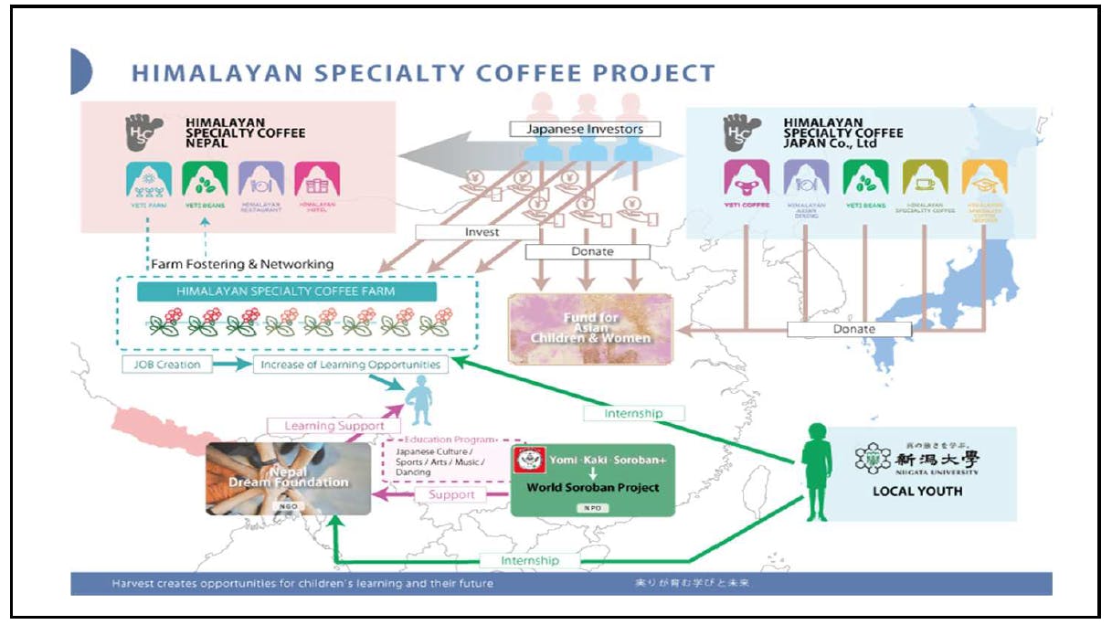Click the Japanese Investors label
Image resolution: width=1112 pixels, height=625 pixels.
point(586,129)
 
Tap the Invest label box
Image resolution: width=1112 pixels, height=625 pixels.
point(482,232)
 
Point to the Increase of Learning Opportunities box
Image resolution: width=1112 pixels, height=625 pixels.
point(351,365)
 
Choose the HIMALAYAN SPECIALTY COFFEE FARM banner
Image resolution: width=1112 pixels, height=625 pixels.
point(286,291)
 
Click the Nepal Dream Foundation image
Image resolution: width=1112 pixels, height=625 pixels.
point(289,478)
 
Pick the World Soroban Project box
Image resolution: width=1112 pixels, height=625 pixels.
point(592,480)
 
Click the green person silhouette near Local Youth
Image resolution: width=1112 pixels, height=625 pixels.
point(816,471)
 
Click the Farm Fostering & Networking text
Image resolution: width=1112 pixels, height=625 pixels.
point(242,264)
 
